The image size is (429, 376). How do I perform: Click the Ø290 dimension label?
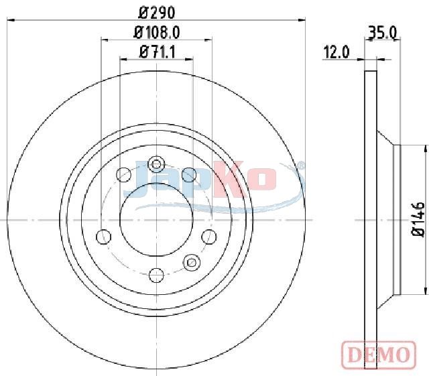(x=156, y=13)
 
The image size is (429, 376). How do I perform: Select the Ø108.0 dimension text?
(x=156, y=33)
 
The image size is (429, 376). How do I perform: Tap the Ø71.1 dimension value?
(x=157, y=52)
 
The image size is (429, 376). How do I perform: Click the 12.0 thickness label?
(x=336, y=52)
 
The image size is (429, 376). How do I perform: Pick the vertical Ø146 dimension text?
(x=418, y=219)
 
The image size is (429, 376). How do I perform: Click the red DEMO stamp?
(x=379, y=355)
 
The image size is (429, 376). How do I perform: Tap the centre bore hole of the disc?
(x=156, y=220)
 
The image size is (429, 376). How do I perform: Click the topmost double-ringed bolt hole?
(x=156, y=164)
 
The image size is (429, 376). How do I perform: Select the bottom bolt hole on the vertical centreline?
(x=156, y=275)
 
